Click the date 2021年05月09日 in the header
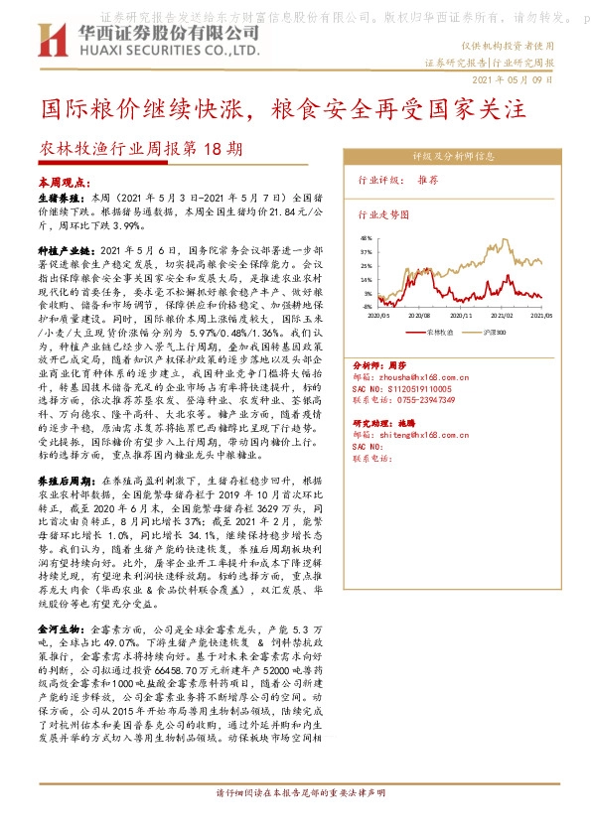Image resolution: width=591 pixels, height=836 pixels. pos(513,78)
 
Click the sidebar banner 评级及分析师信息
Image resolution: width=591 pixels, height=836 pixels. pos(454,156)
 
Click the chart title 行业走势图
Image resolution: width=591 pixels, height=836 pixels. pos(383,212)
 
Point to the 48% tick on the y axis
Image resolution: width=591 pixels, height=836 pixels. pos(366,238)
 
